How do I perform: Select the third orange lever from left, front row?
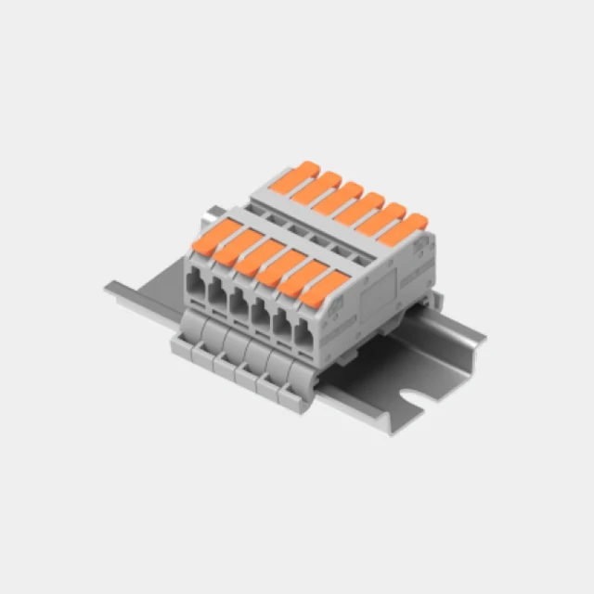pyautogui.click(x=251, y=257)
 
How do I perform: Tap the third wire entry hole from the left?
pyautogui.click(x=238, y=302)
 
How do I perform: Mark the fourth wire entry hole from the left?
pyautogui.click(x=259, y=313)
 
